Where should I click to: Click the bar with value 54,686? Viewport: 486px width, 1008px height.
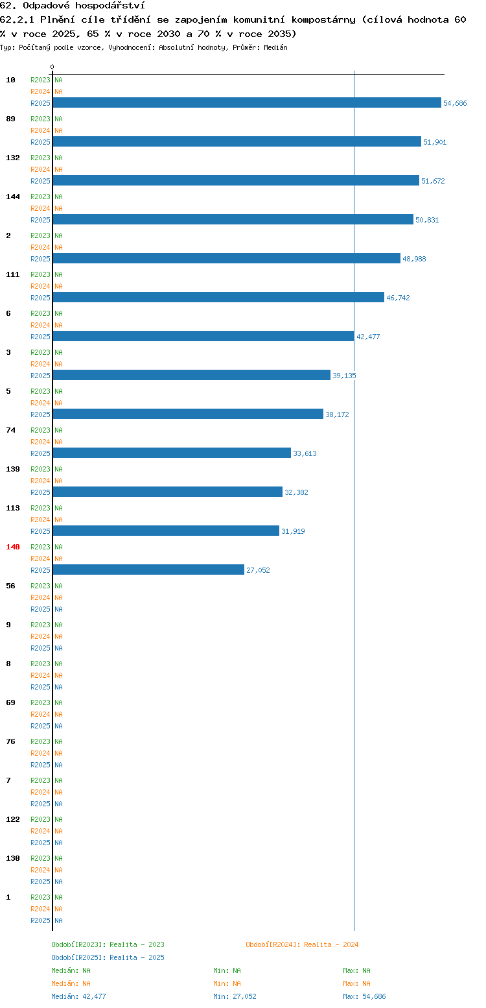247,102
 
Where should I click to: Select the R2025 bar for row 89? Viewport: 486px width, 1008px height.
237,142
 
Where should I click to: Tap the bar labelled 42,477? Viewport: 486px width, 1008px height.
203,336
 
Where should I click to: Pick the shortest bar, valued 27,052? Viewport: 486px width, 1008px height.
148,570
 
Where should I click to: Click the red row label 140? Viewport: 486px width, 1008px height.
12,547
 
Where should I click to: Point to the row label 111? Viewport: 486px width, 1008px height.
12,274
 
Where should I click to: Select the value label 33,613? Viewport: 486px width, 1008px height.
305,453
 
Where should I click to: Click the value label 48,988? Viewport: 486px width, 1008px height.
414,259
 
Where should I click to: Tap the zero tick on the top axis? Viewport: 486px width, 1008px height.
52,67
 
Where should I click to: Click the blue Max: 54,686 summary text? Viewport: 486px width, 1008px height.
364,996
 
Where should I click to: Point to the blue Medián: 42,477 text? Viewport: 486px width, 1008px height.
78,996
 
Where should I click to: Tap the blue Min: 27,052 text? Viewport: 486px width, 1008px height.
235,996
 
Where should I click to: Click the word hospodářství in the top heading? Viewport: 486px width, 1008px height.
110,6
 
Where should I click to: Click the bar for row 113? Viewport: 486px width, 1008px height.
166,531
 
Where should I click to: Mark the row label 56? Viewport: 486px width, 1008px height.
11,586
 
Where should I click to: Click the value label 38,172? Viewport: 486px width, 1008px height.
337,414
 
